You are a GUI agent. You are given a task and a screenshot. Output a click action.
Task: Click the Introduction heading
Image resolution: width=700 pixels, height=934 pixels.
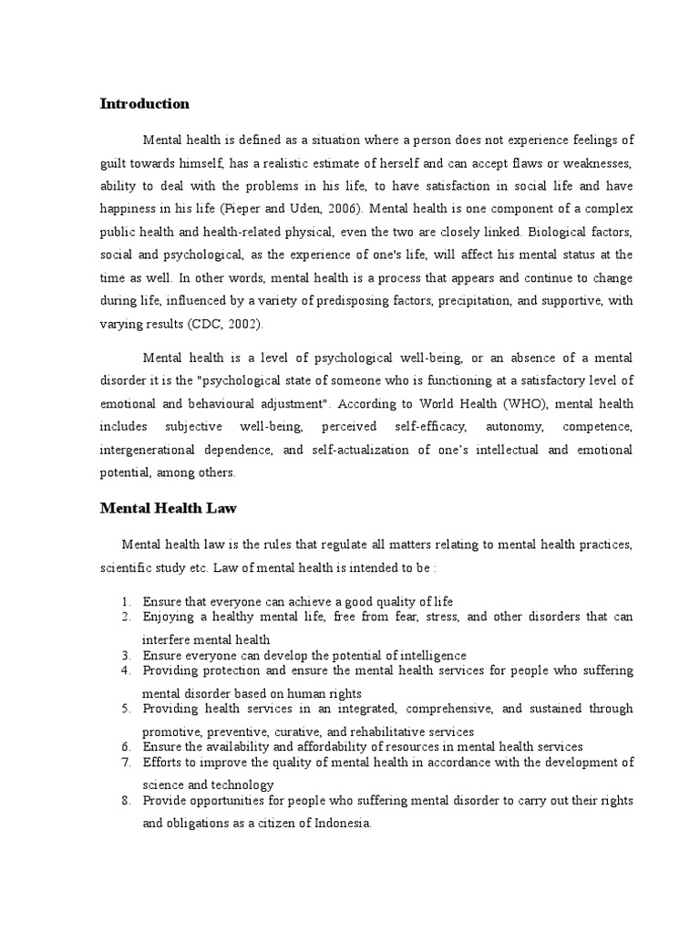[144, 104]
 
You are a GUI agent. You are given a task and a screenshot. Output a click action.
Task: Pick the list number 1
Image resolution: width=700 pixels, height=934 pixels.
[125, 602]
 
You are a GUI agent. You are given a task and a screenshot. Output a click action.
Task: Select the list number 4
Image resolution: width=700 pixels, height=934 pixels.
[125, 670]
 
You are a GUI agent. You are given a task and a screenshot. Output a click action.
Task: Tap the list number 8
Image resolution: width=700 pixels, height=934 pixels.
[125, 801]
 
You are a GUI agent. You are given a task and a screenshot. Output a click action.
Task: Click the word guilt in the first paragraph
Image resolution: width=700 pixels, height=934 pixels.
[115, 164]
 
